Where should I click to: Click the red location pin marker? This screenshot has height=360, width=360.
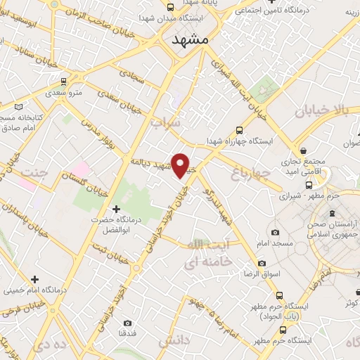pyautogui.click(x=181, y=165)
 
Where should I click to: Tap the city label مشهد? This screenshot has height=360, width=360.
pyautogui.click(x=191, y=41)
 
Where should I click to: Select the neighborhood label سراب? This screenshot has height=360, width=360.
pyautogui.click(x=165, y=123)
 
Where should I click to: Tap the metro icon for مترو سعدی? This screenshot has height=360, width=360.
pyautogui.click(x=64, y=81)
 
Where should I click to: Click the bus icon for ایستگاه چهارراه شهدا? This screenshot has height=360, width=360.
pyautogui.click(x=239, y=130)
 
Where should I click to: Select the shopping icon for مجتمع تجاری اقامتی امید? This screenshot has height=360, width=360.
pyautogui.click(x=303, y=150)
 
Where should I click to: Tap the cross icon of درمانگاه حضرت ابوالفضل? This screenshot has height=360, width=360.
pyautogui.click(x=117, y=209)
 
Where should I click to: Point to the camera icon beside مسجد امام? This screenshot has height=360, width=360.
pyautogui.click(x=274, y=233)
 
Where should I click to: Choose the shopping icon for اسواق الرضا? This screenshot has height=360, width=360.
pyautogui.click(x=262, y=263)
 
